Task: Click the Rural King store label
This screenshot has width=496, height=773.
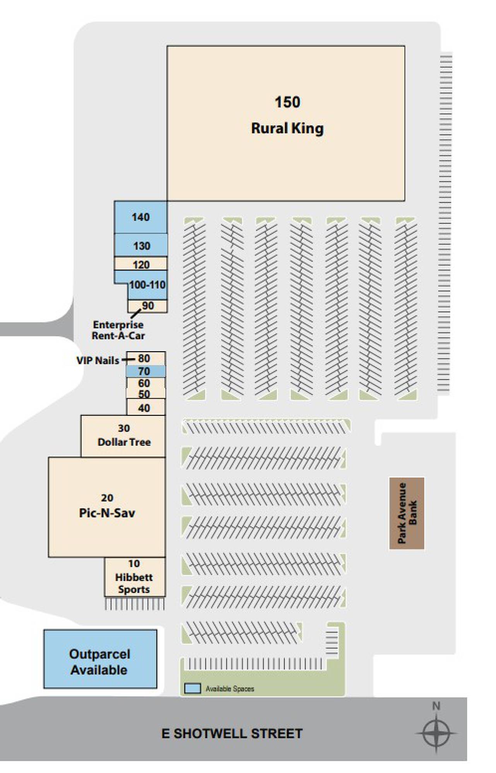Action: click(287, 129)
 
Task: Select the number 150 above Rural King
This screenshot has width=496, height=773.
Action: click(287, 102)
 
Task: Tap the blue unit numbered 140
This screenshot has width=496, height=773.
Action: click(140, 217)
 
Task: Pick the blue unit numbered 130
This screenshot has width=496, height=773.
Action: click(142, 246)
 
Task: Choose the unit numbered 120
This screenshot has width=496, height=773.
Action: click(141, 265)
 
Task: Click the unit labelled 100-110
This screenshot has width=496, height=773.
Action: click(147, 285)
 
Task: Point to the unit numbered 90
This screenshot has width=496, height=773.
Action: click(148, 306)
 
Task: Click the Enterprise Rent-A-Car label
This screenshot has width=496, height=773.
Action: click(118, 330)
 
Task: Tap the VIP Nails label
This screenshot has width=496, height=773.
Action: click(97, 361)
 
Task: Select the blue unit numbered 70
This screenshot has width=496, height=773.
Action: click(144, 371)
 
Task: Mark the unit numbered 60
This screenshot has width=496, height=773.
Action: click(144, 383)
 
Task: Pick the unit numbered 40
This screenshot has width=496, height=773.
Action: click(144, 408)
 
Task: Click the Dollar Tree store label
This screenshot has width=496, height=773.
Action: click(124, 442)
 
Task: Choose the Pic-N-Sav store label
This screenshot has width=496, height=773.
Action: click(107, 513)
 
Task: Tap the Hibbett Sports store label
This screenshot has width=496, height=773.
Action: click(134, 583)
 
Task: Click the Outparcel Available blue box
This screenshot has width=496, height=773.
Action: click(100, 662)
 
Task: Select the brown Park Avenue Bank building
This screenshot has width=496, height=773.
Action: click(407, 513)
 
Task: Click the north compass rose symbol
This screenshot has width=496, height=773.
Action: click(436, 733)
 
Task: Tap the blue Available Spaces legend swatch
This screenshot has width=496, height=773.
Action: click(192, 688)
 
